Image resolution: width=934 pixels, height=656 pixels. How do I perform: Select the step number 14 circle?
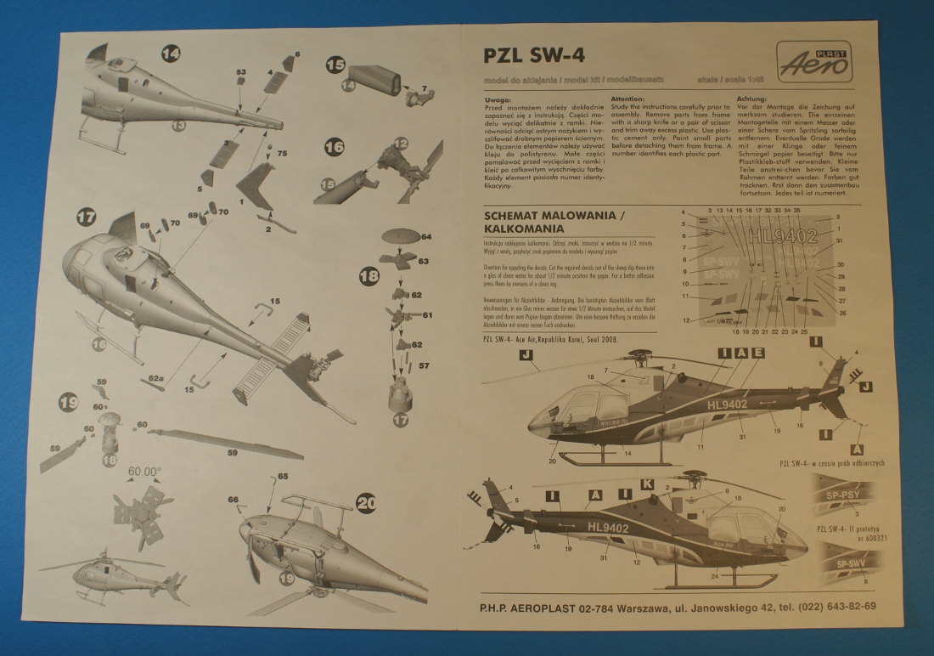click(171, 54)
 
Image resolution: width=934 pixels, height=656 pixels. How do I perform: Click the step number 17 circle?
click(86, 216)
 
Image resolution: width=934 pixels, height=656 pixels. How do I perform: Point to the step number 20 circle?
click(366, 503)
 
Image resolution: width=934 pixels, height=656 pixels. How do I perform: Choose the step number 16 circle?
click(335, 146)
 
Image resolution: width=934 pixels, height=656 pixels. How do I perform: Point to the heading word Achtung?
click(752, 99)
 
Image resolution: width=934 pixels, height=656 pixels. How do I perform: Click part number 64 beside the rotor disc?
click(425, 236)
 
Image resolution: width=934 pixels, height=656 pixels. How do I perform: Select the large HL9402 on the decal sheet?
click(784, 235)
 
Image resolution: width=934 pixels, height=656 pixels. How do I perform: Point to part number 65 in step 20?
click(283, 477)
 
